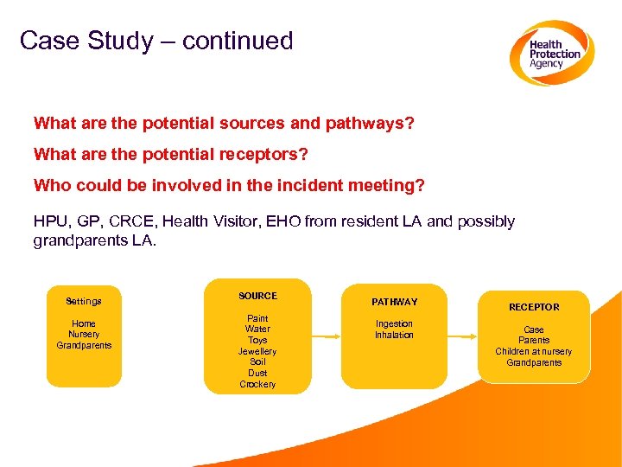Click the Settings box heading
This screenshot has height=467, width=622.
84,302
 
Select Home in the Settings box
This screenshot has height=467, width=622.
84,323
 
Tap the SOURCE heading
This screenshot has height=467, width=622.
257,296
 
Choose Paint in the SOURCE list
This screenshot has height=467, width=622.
257,318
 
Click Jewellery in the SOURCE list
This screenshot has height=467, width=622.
257,351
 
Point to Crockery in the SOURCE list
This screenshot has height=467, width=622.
257,384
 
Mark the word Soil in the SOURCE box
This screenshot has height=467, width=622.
257,362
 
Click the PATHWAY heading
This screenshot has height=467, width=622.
394,302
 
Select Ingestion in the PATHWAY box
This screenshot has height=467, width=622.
394,323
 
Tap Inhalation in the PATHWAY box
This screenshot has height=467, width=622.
394,335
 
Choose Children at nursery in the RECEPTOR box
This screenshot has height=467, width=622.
533,351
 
